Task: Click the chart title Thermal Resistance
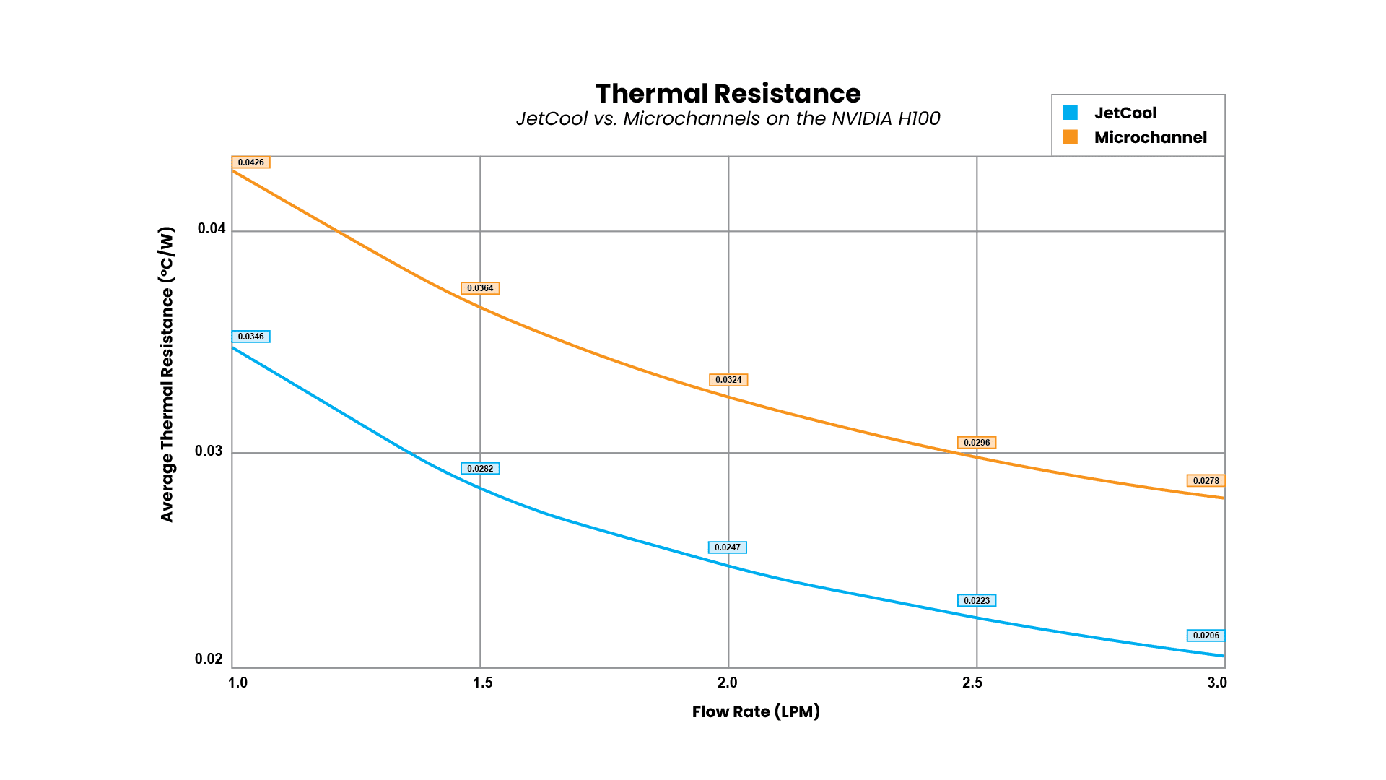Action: pos(728,94)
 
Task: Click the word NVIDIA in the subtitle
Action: pos(861,118)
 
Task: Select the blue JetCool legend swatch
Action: pos(1071,113)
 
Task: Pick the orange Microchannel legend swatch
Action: pos(1071,137)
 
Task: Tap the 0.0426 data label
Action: pos(250,162)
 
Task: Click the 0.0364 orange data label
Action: pos(480,288)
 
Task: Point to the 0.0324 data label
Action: pos(728,380)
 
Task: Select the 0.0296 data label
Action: pos(977,443)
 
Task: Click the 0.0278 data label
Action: pos(1206,481)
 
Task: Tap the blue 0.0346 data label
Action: pos(250,337)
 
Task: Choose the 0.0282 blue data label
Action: pos(480,469)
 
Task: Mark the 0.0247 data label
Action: pos(728,547)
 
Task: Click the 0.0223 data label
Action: pos(977,601)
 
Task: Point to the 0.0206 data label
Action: pos(1206,636)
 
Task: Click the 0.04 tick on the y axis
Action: pos(212,229)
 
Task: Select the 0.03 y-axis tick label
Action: pos(209,451)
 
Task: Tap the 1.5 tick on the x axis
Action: pos(482,682)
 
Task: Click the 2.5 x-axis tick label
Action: pos(972,682)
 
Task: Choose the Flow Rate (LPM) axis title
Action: pos(756,711)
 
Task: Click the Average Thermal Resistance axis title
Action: pos(167,374)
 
